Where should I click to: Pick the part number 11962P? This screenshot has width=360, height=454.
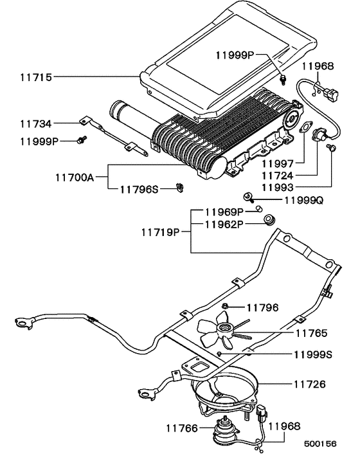coord(224,224)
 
